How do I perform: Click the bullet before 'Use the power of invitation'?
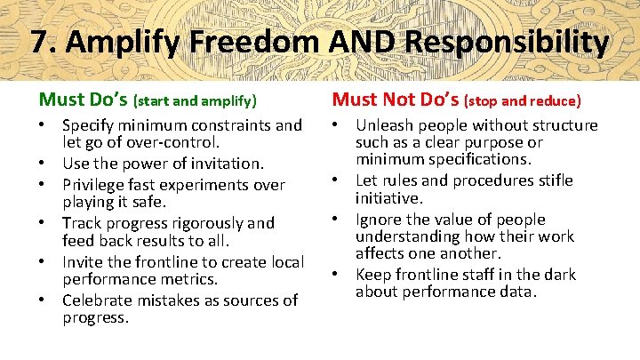[43, 164]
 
